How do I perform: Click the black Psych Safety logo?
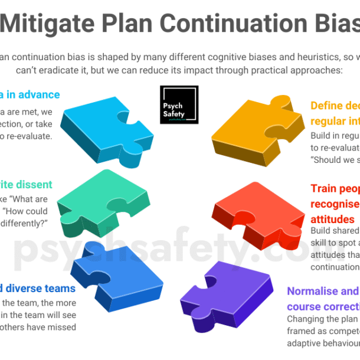[179, 104]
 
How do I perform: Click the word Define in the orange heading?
[327, 106]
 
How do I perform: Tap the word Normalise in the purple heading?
[314, 291]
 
